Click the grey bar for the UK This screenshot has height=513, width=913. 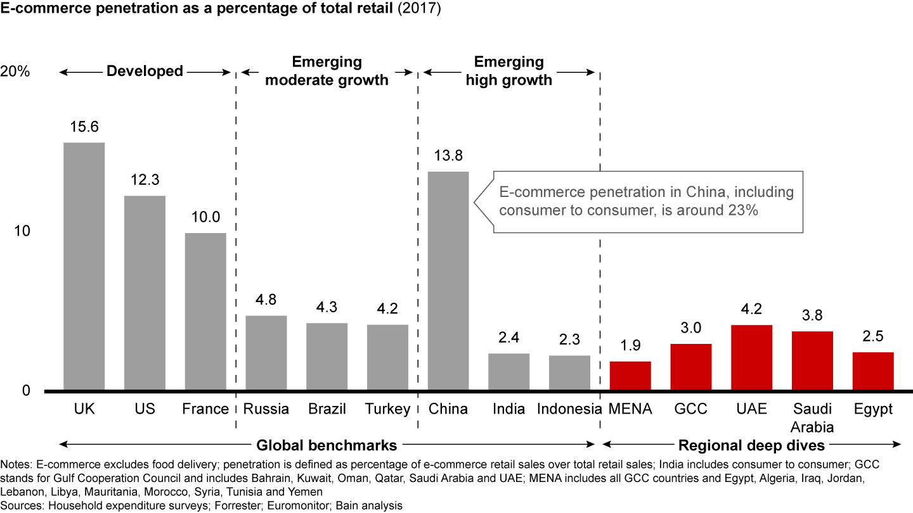click(84, 266)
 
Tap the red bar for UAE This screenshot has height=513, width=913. click(751, 357)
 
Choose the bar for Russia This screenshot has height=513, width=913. click(266, 353)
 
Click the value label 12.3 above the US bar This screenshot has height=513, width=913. click(145, 180)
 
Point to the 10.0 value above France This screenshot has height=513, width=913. click(206, 217)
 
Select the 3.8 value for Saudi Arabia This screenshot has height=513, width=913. click(812, 315)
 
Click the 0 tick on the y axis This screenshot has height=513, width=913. click(26, 391)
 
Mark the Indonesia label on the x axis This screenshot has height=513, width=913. click(569, 409)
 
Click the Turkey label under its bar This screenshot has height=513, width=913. click(388, 409)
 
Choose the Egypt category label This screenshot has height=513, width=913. click(873, 409)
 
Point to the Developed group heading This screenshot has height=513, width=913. click(145, 71)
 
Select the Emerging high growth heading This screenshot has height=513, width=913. click(509, 71)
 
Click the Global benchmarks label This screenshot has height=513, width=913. click(327, 443)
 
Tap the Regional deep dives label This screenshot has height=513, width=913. click(751, 443)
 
